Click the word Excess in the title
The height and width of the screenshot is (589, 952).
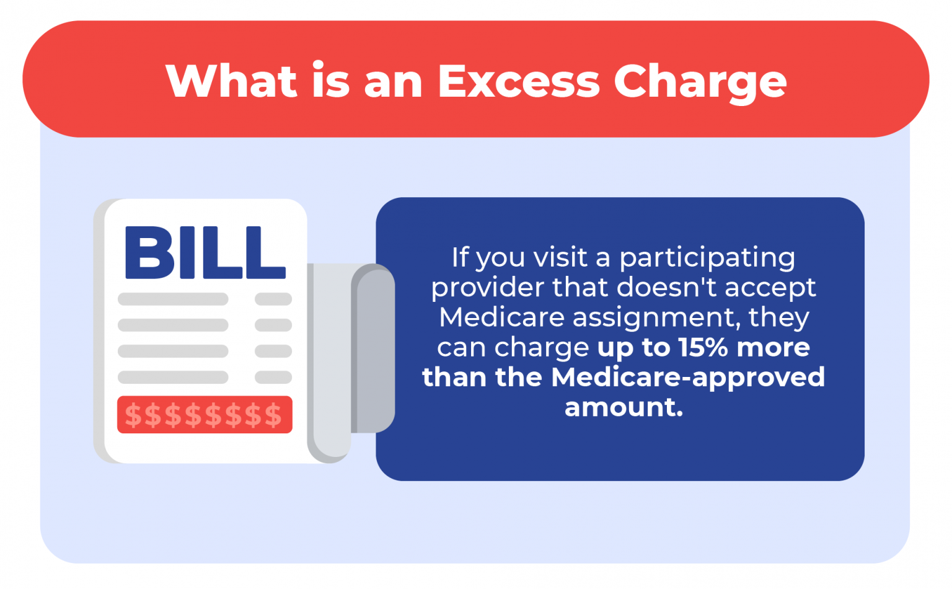[519, 81]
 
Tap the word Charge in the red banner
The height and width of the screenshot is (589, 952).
[700, 82]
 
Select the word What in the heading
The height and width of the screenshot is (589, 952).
[231, 81]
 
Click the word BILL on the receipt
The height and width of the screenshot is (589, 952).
[205, 253]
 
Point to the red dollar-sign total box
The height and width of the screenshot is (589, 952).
[205, 415]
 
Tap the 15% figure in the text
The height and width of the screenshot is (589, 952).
[703, 347]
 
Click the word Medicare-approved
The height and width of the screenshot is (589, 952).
[688, 378]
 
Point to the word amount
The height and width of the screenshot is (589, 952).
[623, 407]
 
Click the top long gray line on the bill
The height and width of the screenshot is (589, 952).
[173, 299]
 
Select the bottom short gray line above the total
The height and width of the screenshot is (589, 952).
[273, 377]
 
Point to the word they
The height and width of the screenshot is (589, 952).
[778, 317]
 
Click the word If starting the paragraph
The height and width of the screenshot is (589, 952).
[460, 257]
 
